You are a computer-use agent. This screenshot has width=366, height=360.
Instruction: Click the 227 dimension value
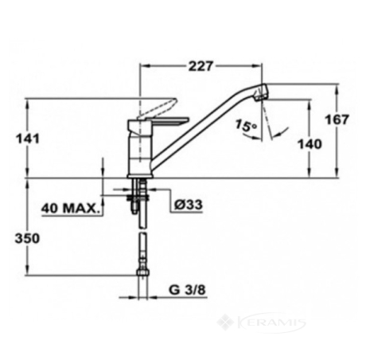pos(201,66)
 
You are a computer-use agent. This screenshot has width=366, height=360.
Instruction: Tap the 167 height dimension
pos(337,119)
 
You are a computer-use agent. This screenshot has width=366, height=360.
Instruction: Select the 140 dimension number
pos(310,144)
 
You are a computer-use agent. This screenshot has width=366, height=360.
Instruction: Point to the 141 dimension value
pos(28,139)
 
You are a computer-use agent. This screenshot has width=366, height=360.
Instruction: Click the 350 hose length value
pos(27,238)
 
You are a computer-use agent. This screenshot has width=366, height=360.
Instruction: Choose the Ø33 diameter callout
pos(189,205)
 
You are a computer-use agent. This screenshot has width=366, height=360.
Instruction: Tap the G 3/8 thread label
pos(187,290)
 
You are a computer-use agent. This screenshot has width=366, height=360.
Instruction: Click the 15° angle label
pos(246,126)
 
